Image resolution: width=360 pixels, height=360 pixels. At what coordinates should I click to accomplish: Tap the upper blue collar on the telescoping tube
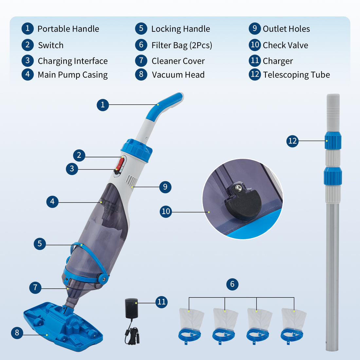pos(333,141)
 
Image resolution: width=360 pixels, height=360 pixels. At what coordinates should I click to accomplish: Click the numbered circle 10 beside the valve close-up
pos(166,211)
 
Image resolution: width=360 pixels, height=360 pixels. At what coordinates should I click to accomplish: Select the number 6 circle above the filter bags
pos(232,284)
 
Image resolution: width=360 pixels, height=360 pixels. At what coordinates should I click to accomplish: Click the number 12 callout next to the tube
pos(292,141)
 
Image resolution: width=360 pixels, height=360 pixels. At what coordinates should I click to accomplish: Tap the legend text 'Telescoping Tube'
pos(296,75)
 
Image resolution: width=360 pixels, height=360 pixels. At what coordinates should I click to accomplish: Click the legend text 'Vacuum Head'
pos(178,75)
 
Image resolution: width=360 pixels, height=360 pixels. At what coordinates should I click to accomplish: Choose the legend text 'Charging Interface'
pos(73,61)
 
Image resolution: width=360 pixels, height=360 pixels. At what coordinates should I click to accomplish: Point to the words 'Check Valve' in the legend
pos(285,45)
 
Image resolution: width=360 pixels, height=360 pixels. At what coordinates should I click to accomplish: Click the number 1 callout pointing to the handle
pos(103,105)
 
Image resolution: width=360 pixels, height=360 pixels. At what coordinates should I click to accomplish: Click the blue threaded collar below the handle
pos(137,150)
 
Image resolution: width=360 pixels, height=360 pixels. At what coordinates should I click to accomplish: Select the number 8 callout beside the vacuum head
pos(17,333)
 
